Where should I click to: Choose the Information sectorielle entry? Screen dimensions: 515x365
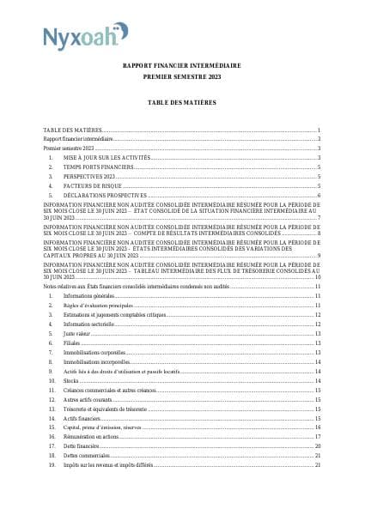[91, 324]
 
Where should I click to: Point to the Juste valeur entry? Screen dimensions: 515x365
[77, 334]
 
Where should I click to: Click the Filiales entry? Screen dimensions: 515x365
[72, 343]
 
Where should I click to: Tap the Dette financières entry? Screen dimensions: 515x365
[82, 446]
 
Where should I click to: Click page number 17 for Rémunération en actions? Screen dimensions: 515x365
[317, 437]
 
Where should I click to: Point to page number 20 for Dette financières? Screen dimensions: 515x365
[317, 446]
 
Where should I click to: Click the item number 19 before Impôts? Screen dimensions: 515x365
[52, 465]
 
